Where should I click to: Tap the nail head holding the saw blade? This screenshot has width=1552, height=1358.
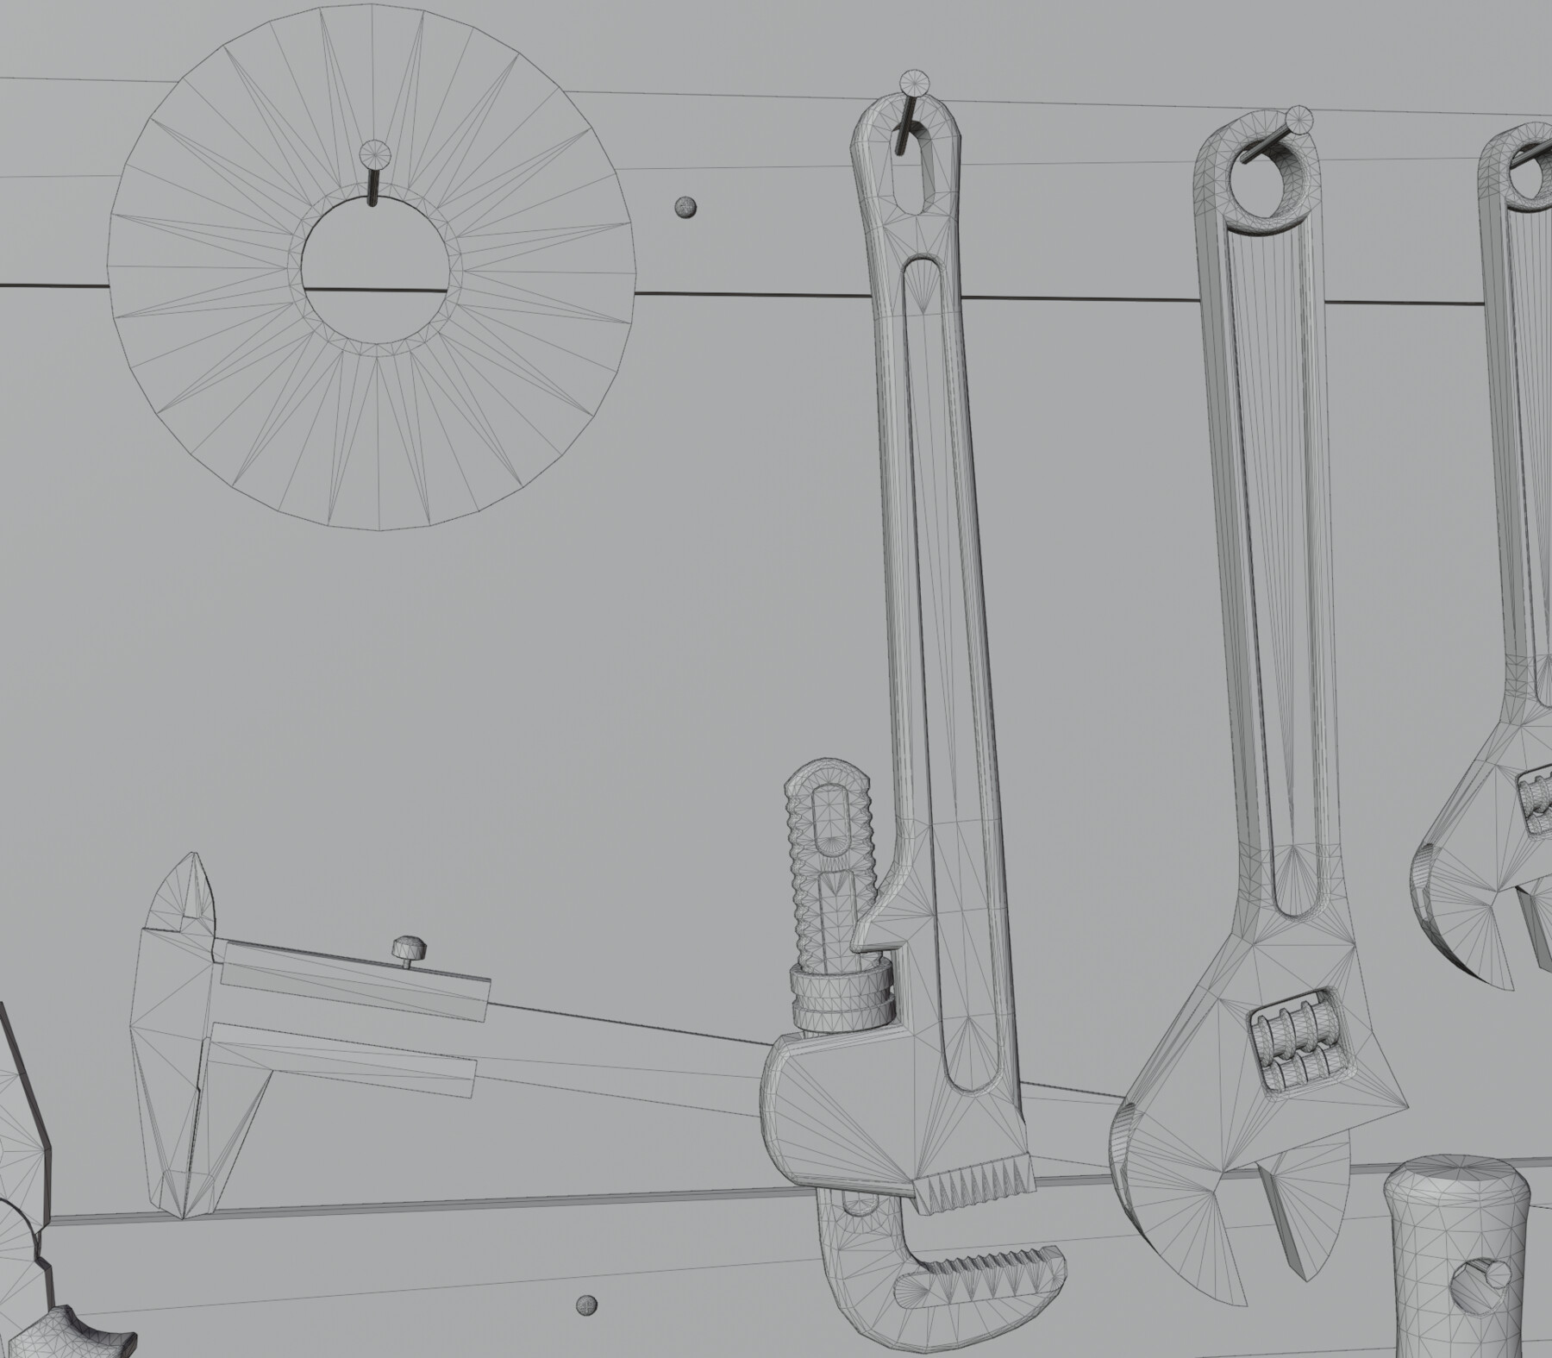point(373,154)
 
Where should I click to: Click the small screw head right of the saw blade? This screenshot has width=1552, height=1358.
point(685,207)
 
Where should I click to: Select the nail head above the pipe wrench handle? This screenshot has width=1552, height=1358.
point(915,84)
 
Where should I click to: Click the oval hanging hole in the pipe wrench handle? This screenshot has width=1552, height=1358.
point(920,173)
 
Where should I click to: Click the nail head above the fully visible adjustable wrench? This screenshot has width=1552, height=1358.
point(1299,118)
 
